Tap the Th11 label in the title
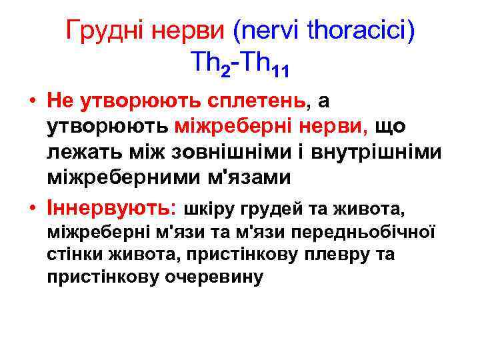(267, 65)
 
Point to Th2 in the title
(209, 64)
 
